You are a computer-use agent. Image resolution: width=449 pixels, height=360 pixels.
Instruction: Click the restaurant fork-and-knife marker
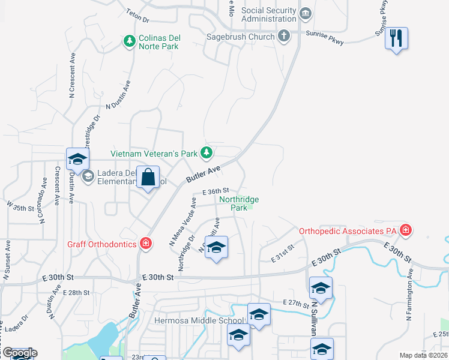click(x=396, y=38)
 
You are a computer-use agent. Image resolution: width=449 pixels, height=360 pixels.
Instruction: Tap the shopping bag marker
click(x=148, y=178)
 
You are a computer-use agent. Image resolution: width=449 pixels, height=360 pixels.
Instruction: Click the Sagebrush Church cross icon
click(x=285, y=37)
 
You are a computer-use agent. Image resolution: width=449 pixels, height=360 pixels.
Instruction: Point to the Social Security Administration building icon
click(x=306, y=13)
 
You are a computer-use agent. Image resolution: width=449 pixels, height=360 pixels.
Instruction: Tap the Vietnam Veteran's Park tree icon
click(x=206, y=153)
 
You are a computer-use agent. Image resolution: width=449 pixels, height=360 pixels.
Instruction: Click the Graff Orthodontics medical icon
click(x=145, y=243)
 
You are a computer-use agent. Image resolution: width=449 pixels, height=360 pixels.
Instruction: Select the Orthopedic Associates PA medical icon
click(x=406, y=230)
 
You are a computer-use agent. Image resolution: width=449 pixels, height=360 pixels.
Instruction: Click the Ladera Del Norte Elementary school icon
click(x=88, y=176)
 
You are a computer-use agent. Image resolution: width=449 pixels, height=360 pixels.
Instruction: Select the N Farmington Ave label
click(x=409, y=293)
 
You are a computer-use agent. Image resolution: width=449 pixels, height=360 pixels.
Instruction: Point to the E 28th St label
click(x=79, y=293)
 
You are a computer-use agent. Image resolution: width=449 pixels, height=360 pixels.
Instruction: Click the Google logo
click(x=20, y=353)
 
